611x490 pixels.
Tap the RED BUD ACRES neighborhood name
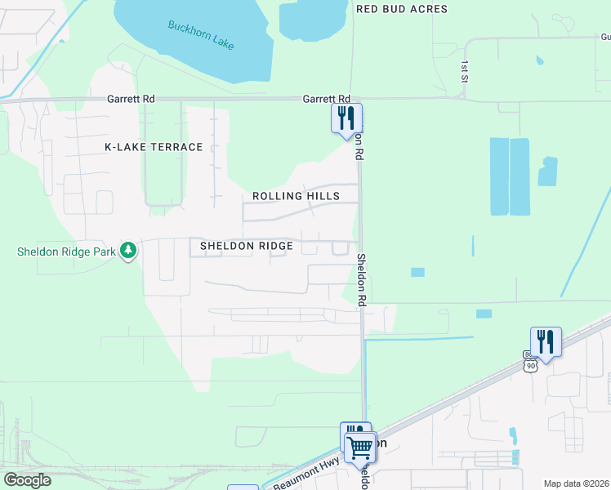[402, 9]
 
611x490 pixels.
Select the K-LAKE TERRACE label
[154, 147]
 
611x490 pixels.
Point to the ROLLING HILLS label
[296, 196]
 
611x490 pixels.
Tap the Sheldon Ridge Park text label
[66, 252]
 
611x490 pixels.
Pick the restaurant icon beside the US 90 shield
[546, 340]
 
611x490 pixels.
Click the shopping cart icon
[359, 448]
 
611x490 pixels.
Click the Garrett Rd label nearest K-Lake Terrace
[131, 99]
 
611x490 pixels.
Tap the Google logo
[28, 480]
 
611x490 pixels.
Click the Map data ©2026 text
[577, 483]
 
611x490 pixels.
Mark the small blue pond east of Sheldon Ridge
[417, 272]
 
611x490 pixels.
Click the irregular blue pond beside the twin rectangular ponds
[547, 171]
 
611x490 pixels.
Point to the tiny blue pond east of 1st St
[539, 60]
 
